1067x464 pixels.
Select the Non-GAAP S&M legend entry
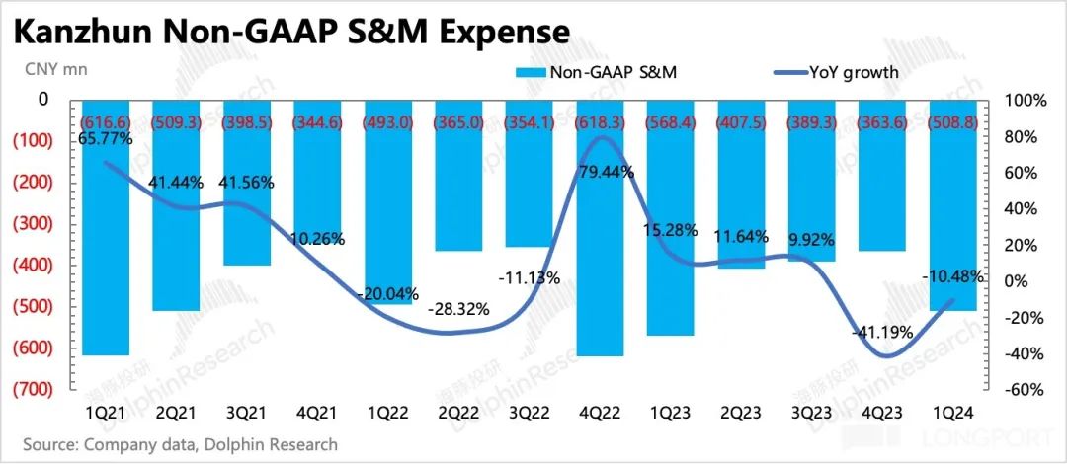590,71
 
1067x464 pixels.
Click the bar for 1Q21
106,227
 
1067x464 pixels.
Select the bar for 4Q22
601,227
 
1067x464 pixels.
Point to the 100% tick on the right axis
1025,101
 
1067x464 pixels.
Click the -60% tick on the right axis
1025,390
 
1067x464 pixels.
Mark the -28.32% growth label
459,309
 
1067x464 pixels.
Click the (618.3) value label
601,121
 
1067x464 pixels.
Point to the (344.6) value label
318,121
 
